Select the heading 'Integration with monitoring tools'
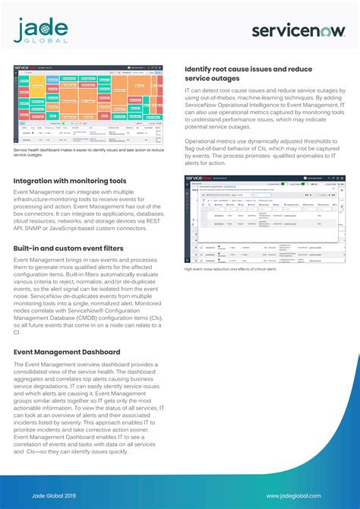(70, 182)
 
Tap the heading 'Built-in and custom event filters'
(68, 248)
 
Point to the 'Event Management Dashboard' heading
(67, 353)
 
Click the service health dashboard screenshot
(89, 105)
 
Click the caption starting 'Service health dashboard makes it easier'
(88, 152)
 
